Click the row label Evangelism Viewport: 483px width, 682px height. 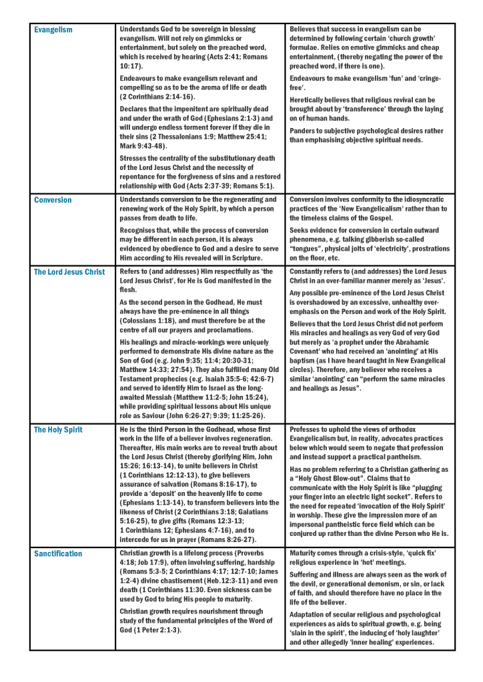click(x=53, y=30)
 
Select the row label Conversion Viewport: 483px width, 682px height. click(x=53, y=200)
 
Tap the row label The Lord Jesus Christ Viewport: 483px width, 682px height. click(x=69, y=272)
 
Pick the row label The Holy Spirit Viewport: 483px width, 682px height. click(x=58, y=430)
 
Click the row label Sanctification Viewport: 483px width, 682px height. click(x=58, y=554)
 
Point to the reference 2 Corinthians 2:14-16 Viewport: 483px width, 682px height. click(x=157, y=97)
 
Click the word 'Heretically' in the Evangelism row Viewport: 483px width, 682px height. click(x=308, y=100)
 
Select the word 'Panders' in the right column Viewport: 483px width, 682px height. click(x=303, y=131)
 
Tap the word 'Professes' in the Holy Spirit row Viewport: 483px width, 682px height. click(x=307, y=430)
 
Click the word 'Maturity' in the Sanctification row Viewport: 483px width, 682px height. click(x=305, y=553)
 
